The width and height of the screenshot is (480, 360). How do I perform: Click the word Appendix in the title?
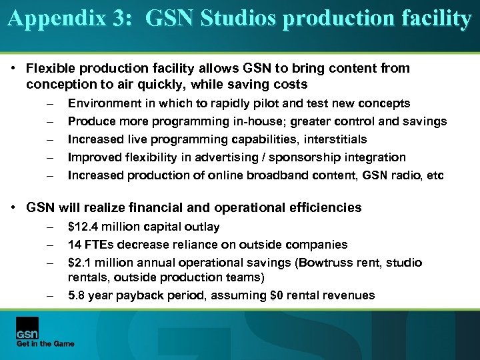point(56,19)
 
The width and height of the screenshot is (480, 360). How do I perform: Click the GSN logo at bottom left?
point(27,329)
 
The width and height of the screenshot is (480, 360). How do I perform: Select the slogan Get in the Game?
point(45,343)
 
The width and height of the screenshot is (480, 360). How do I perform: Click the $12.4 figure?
point(85,227)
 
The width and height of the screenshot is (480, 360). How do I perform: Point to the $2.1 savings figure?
point(80,263)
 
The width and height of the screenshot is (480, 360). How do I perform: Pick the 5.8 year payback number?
point(77,295)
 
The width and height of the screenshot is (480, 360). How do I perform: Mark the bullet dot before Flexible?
point(13,69)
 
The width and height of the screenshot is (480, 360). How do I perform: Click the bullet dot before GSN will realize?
point(13,208)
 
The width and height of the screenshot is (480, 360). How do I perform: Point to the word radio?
point(407,175)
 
